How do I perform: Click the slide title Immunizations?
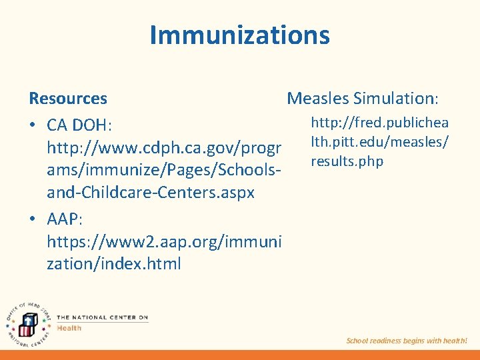239,35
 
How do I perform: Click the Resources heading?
68,99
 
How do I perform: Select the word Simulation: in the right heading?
396,99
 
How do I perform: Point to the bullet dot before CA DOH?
33,126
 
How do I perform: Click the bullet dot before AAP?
33,219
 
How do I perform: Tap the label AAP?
64,219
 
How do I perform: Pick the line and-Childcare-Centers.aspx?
151,193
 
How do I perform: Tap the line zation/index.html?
114,264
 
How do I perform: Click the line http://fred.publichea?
380,123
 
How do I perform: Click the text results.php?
347,161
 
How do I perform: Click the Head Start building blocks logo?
27,326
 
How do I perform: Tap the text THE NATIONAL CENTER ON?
102,317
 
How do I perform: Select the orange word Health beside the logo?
69,328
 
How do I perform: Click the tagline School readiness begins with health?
407,341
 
